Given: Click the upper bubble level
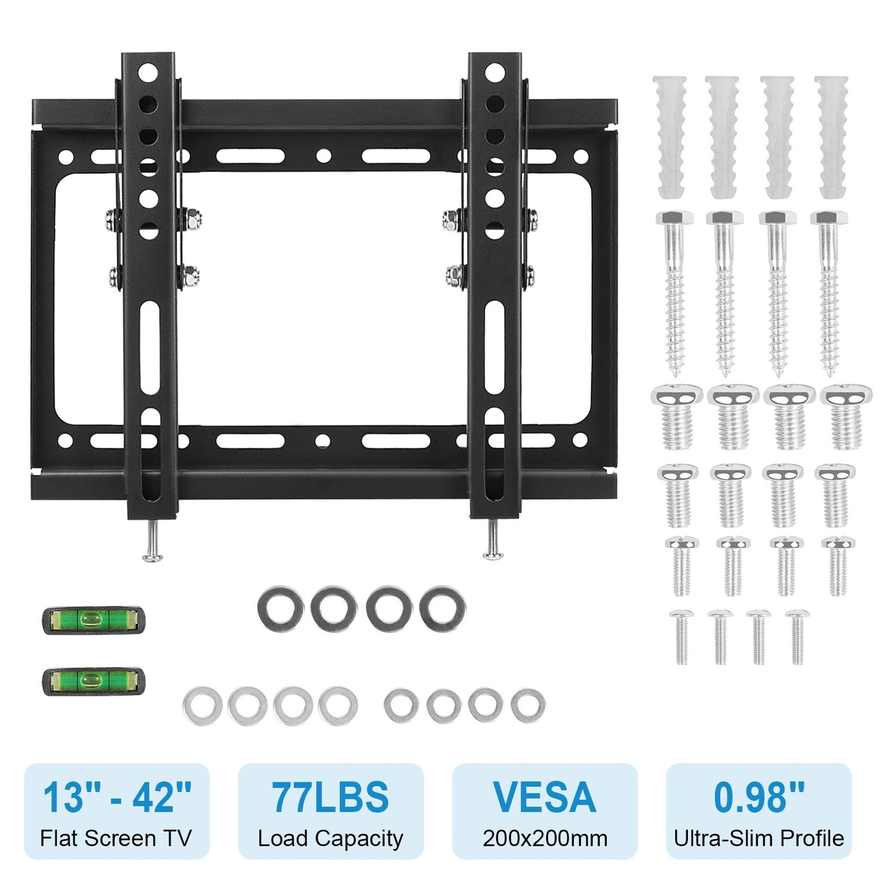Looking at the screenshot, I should [93, 620].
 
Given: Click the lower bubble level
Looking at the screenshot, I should [93, 680].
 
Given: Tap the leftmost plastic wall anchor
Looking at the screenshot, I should [670, 136].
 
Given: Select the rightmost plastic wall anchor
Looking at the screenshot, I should [832, 136].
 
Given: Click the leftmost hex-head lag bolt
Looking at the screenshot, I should [674, 291].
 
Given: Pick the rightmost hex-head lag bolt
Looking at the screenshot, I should [828, 291].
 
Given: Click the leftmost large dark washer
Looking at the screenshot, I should [280, 609].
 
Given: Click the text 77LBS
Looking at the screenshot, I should [330, 797].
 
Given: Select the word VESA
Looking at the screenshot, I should [544, 797].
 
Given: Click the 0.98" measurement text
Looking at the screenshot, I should [759, 797].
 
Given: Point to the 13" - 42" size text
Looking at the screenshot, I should [117, 797].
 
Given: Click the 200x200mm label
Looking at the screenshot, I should [544, 839].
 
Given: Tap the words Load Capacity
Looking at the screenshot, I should [330, 839].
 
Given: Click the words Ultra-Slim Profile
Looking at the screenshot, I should [759, 839].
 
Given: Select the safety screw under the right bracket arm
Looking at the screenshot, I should [493, 540].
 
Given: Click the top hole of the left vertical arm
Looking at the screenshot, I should [148, 73].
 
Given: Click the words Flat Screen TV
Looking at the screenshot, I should [116, 839].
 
